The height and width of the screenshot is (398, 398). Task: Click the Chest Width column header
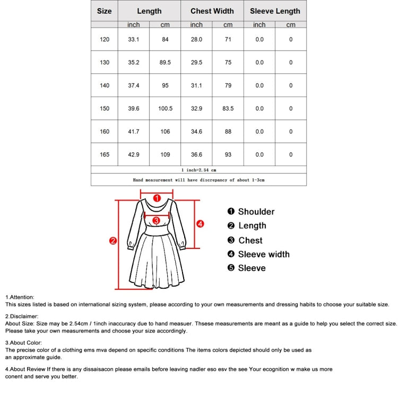coord(212,11)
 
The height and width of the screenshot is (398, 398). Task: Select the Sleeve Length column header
coord(275,11)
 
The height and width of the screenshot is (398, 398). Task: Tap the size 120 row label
coord(105,39)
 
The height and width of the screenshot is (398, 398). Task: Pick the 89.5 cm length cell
coord(165,63)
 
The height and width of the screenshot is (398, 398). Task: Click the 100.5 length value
coord(165,109)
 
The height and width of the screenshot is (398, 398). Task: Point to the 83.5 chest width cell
coord(228,109)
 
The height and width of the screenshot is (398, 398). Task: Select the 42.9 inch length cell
coord(133,155)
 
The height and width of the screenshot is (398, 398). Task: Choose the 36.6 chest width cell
coord(196,155)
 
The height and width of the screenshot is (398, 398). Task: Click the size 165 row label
coord(105,155)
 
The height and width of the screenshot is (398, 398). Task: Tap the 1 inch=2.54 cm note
coord(198,170)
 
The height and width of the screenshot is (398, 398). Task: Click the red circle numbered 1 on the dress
coord(157,198)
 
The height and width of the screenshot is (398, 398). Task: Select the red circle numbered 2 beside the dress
coord(113,241)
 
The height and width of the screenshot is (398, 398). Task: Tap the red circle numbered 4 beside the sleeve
coord(200,224)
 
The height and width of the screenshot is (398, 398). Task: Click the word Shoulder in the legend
coord(256,212)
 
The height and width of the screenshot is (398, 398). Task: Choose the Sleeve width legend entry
coord(264,254)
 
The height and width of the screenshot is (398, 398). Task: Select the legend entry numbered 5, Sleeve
coord(247,268)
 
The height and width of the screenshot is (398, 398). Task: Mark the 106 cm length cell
coord(165,132)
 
